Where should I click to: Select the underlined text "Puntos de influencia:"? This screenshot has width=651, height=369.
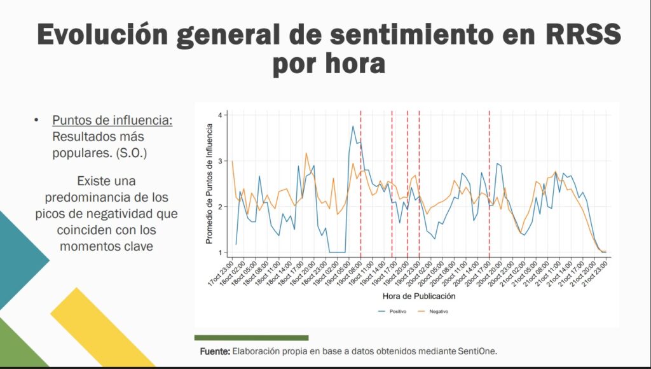point(113,120)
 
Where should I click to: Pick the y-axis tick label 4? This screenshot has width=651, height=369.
point(220,115)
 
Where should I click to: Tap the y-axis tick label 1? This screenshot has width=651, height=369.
point(220,253)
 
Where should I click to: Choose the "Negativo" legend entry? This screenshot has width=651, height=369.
point(434,312)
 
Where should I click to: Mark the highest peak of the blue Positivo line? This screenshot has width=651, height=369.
point(353,126)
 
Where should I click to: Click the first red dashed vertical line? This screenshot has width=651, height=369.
point(361,184)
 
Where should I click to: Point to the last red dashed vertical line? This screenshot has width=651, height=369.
point(489,184)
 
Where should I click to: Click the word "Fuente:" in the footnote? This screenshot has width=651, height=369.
point(215,351)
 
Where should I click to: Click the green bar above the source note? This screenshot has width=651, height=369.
point(251,338)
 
